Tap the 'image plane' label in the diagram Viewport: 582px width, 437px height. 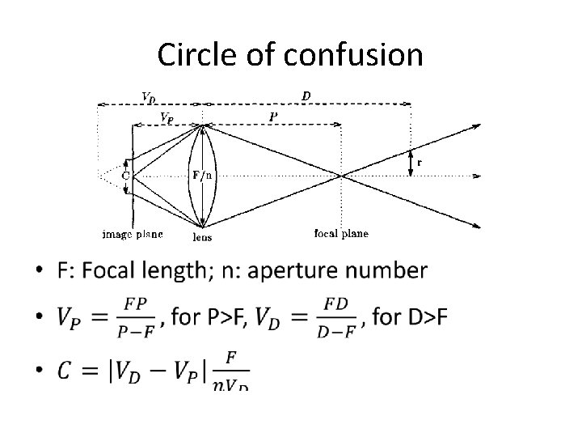pos(133,234)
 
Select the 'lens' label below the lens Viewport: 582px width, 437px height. pos(203,237)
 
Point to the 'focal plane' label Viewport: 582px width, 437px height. pos(340,234)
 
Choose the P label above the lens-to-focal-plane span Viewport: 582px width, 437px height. pos(273,117)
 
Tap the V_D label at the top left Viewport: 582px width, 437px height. pos(149,97)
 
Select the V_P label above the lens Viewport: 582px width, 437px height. pos(165,117)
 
